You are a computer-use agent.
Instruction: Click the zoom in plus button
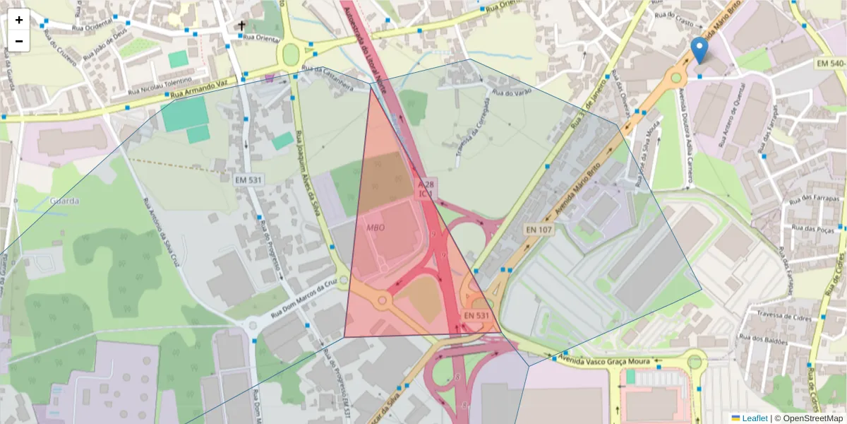[x=19, y=20]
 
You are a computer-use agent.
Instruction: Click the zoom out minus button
[x=19, y=41]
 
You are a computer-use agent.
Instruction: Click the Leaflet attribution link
[x=754, y=418]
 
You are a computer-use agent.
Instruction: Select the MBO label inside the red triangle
[x=376, y=228]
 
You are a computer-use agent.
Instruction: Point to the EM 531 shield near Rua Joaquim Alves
[x=249, y=180]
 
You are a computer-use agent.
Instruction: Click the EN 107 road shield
[x=539, y=230]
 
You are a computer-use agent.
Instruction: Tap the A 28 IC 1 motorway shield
[x=426, y=188]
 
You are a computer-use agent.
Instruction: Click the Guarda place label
[x=64, y=201]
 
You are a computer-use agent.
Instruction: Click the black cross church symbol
[x=241, y=27]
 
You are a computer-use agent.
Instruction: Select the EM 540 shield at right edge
[x=830, y=64]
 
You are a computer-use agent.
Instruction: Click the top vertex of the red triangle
[x=371, y=86]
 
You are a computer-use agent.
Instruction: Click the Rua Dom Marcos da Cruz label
[x=301, y=297]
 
